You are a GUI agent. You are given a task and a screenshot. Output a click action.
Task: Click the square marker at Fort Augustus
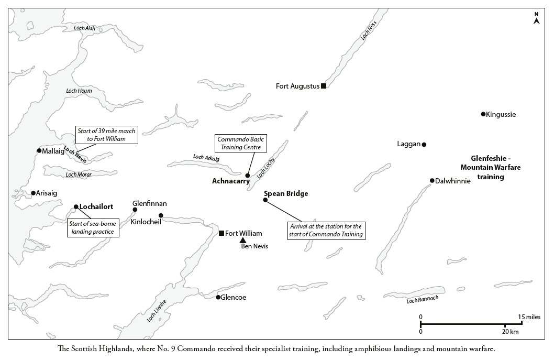pyautogui.click(x=323, y=85)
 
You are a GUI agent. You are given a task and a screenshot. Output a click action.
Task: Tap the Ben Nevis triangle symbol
pyautogui.click(x=243, y=241)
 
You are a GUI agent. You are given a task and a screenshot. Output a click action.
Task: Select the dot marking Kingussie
pyautogui.click(x=483, y=114)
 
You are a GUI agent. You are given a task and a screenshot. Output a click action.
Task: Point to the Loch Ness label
pyautogui.click(x=369, y=30)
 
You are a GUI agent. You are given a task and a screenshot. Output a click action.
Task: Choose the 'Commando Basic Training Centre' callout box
pyautogui.click(x=241, y=143)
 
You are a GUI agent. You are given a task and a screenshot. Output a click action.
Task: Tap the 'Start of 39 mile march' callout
pyautogui.click(x=106, y=135)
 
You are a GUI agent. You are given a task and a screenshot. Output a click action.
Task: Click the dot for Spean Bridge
pyautogui.click(x=265, y=200)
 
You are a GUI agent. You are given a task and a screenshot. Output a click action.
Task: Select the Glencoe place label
pyautogui.click(x=233, y=297)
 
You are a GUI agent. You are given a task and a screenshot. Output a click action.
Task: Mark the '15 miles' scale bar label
pyautogui.click(x=529, y=317)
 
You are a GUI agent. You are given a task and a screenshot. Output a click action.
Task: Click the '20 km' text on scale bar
pyautogui.click(x=510, y=331)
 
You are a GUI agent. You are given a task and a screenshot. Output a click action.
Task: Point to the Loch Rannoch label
pyautogui.click(x=422, y=299)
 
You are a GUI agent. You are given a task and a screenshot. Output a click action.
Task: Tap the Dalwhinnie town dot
pyautogui.click(x=432, y=180)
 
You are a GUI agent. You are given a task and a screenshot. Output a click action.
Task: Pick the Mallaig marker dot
pyautogui.click(x=39, y=150)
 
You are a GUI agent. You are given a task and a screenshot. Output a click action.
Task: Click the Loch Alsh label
pyautogui.click(x=84, y=28)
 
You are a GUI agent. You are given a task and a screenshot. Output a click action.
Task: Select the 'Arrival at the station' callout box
pyautogui.click(x=326, y=230)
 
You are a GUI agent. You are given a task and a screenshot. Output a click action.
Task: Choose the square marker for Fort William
pyautogui.click(x=221, y=233)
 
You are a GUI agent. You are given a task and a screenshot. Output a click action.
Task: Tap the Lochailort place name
pyautogui.click(x=96, y=206)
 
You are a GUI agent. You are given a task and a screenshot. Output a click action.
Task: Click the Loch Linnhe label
pyautogui.click(x=157, y=311)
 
